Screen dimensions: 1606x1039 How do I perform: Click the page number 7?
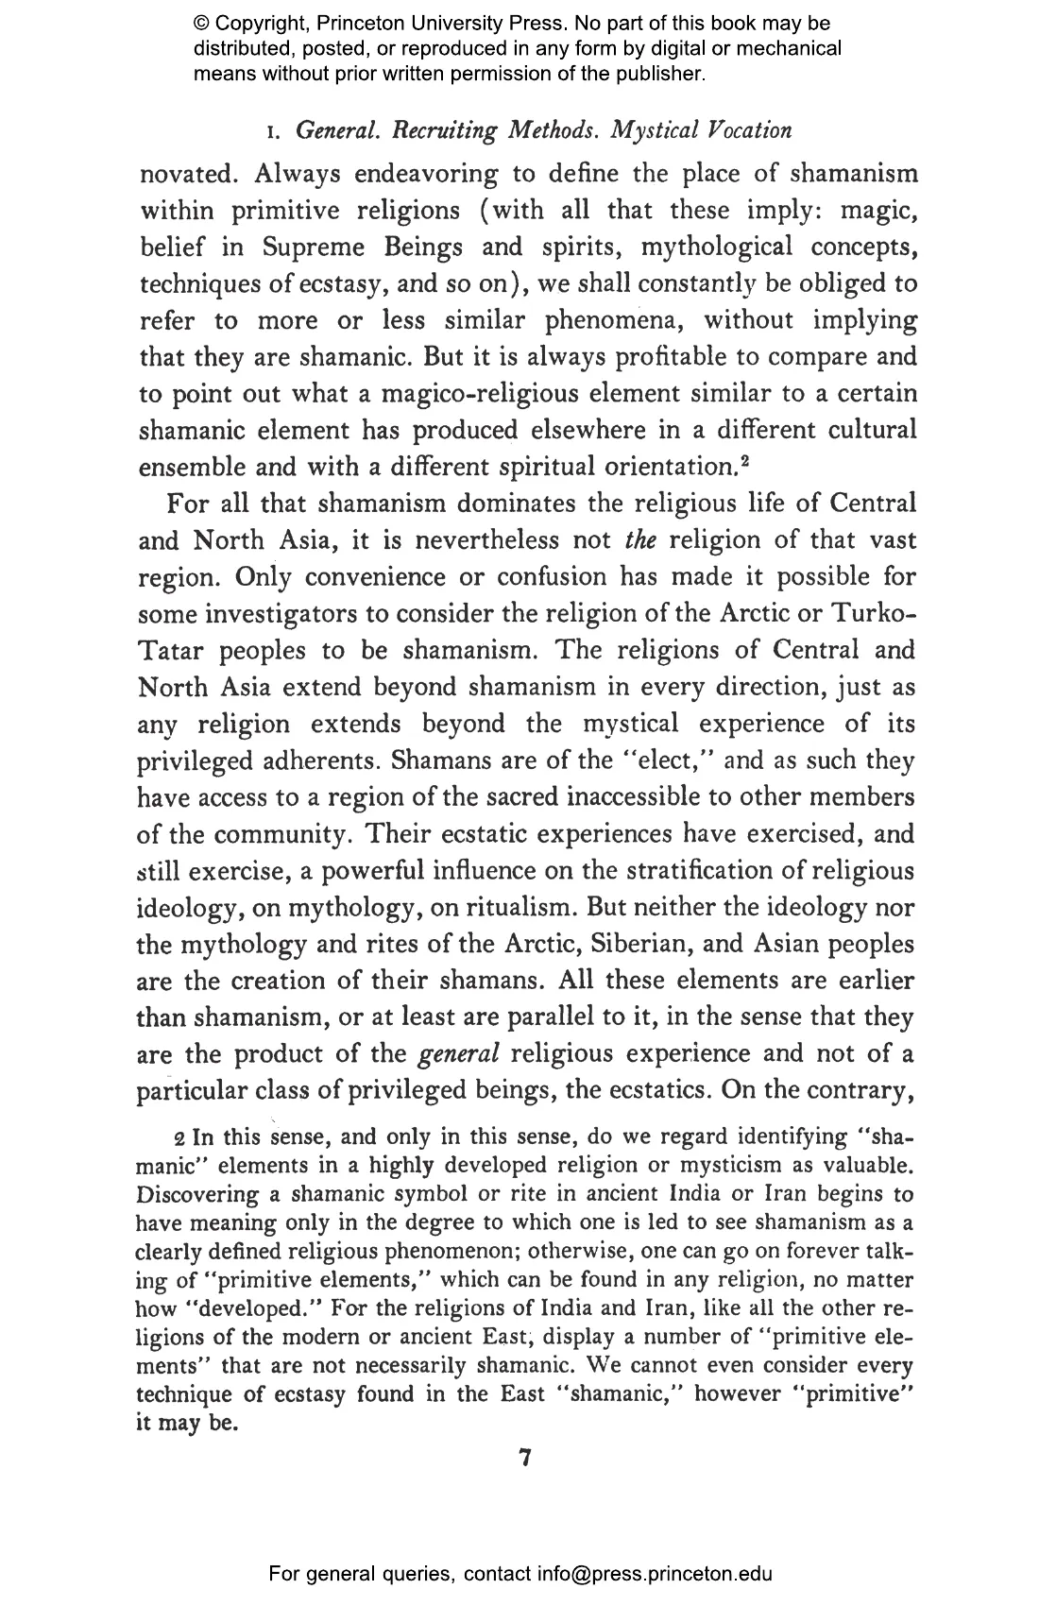pos(526,1459)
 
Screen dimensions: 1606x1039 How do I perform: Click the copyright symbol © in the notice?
pos(201,24)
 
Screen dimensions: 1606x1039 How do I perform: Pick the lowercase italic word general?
pos(457,1053)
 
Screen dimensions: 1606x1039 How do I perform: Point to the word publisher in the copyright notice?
pos(661,73)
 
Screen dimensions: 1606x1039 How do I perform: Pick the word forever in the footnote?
pos(829,1252)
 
